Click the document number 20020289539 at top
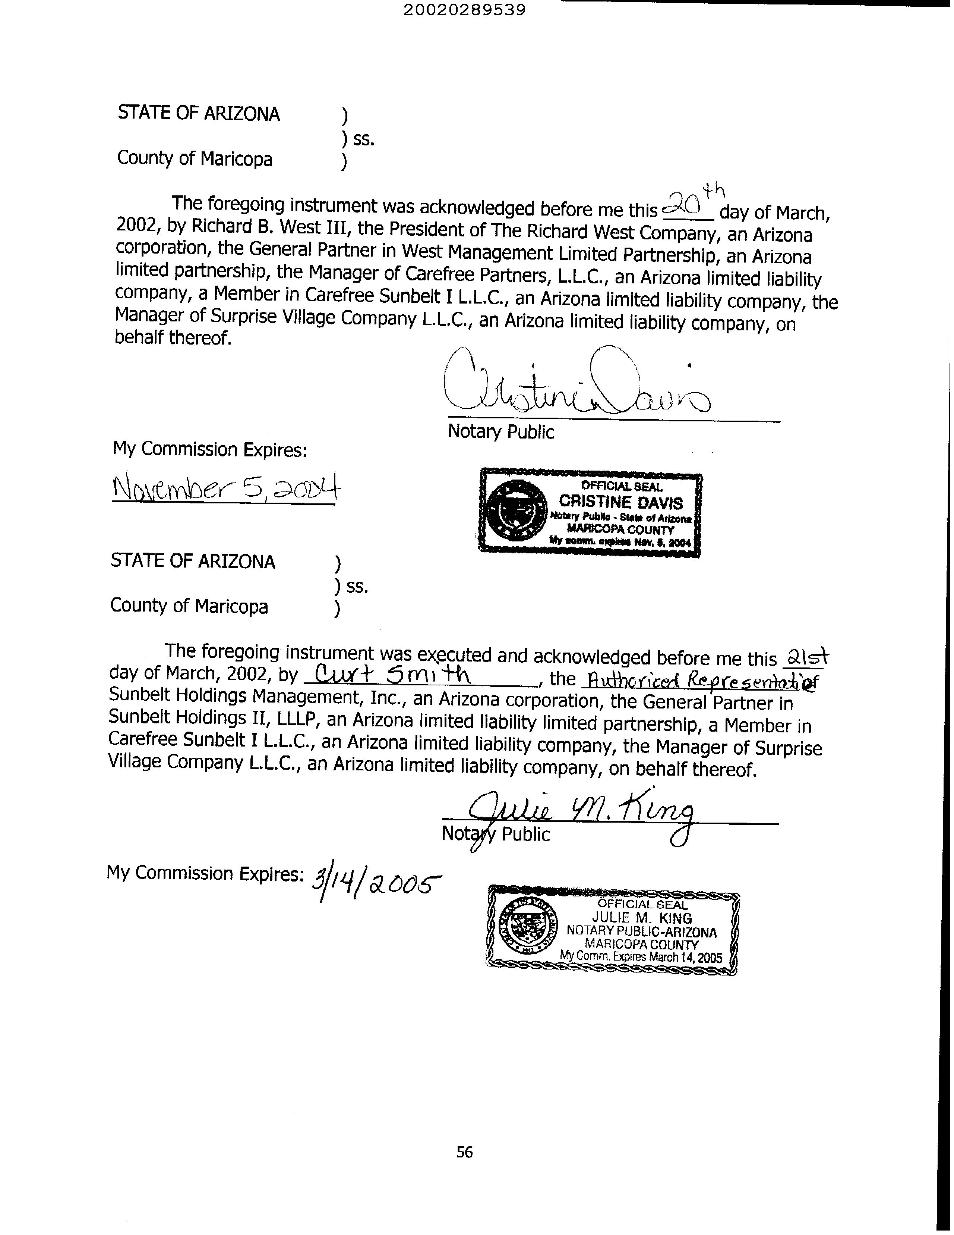coord(465,10)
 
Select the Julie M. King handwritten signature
coord(582,815)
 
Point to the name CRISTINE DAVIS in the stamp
coord(620,502)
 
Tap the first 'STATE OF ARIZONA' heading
coord(198,114)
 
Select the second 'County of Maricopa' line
coord(189,606)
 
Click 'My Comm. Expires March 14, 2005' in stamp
coord(641,957)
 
